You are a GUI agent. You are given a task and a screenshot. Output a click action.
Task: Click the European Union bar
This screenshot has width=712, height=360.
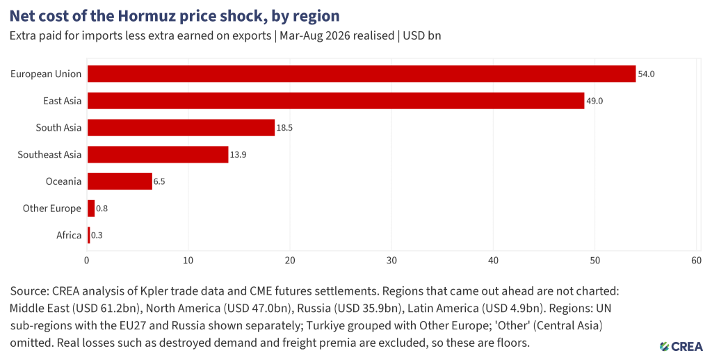362,74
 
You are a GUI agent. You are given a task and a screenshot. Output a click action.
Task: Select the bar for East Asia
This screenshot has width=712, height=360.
336,101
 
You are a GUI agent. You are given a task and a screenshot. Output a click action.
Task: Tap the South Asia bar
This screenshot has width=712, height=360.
181,128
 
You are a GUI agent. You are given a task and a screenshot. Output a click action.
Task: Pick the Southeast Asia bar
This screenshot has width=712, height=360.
158,154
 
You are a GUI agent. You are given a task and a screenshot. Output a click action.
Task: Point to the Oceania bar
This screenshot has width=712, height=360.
120,181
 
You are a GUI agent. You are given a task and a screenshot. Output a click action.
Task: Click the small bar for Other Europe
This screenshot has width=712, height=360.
91,208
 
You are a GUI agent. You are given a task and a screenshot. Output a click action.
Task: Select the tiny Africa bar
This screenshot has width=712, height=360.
89,235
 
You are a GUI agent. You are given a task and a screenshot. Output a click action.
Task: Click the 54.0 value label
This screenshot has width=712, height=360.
646,74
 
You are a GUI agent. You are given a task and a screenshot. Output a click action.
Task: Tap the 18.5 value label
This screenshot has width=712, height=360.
284,128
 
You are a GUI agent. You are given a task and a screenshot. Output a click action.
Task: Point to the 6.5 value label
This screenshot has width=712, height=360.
159,181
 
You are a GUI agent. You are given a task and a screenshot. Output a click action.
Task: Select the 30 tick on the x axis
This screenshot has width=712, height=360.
391,261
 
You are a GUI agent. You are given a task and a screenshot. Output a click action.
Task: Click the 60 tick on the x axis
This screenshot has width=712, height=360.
696,261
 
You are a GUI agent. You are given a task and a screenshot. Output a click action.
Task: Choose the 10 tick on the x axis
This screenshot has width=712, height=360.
188,261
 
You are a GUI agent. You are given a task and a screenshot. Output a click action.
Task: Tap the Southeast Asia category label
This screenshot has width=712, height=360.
49,154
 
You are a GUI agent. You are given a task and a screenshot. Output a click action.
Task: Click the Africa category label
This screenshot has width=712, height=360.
69,235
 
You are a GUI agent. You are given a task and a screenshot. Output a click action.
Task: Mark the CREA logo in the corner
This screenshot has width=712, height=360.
681,346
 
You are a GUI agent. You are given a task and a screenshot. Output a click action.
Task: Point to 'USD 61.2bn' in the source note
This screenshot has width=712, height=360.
113,309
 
